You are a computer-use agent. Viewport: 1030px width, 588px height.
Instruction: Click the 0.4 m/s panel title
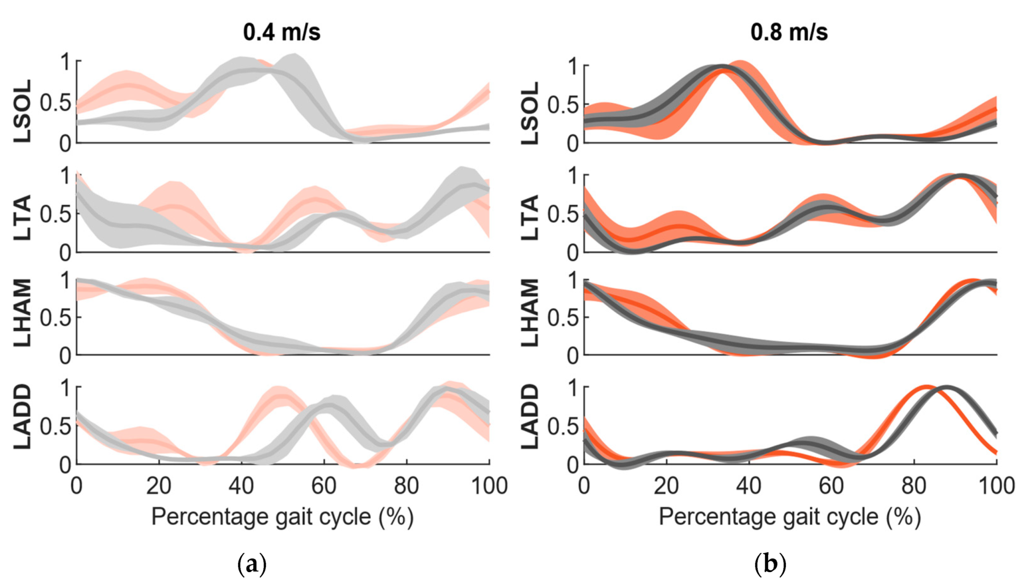pos(281,33)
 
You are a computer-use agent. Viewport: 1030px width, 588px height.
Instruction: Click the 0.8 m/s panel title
pos(789,33)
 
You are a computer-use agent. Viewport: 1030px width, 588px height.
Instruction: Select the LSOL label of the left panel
pos(23,111)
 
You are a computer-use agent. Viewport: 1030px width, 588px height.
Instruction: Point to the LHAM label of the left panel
pos(23,313)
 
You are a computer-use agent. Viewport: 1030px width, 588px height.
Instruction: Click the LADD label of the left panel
pos(23,417)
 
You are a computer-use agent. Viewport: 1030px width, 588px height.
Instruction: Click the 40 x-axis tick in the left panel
pos(241,486)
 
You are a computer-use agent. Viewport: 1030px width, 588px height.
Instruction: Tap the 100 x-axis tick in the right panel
pos(996,486)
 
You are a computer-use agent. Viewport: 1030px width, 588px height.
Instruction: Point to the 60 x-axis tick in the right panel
pos(831,486)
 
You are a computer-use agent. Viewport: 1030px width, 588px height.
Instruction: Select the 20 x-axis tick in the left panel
pos(159,486)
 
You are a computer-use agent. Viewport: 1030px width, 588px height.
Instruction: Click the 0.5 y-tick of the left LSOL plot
pos(55,103)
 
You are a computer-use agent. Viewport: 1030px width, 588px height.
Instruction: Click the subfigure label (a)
pos(252,564)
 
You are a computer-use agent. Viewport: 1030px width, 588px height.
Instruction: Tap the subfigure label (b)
pos(770,564)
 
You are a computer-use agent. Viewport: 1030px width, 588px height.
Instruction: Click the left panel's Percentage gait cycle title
pos(282,517)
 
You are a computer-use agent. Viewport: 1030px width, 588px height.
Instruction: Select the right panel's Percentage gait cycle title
pos(790,517)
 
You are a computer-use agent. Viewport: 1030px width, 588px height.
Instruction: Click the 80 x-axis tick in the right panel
pos(914,486)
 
